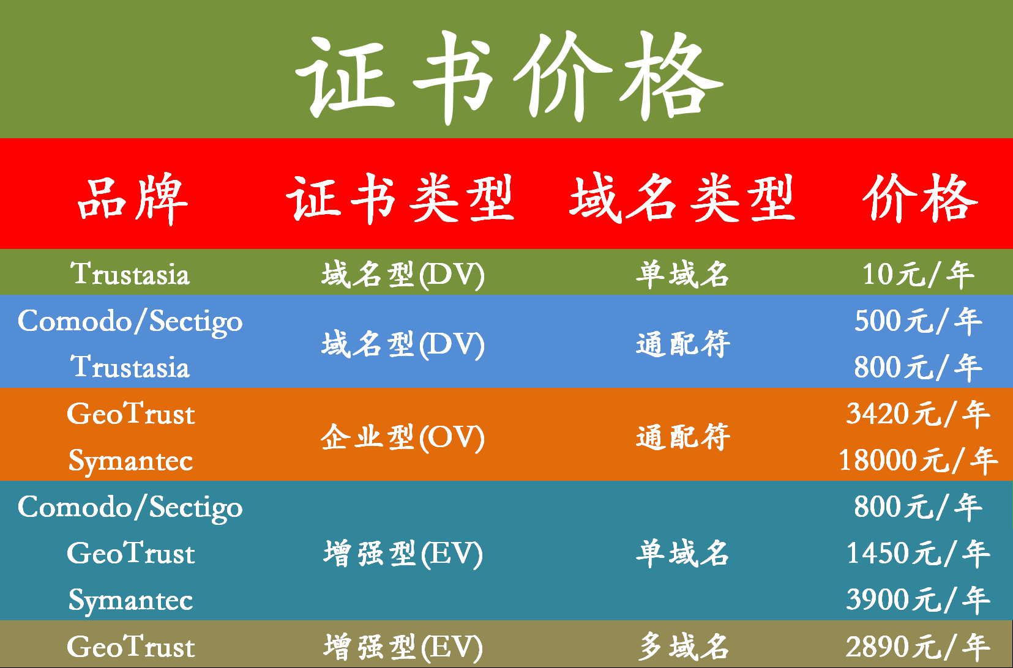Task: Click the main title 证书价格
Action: click(x=509, y=77)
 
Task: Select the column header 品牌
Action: click(x=132, y=199)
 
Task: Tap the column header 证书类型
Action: click(x=400, y=199)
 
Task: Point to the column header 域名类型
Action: click(x=682, y=198)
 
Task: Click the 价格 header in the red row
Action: click(x=920, y=198)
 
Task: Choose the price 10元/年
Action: click(x=918, y=274)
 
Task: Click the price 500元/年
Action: click(x=918, y=321)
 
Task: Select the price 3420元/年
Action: click(x=918, y=414)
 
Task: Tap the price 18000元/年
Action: click(x=918, y=461)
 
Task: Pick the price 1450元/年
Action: click(x=918, y=554)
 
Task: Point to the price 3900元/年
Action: click(x=918, y=600)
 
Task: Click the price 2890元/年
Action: click(x=918, y=647)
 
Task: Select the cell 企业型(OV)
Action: click(x=403, y=437)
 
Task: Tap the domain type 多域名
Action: click(x=683, y=647)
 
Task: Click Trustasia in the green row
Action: click(x=130, y=274)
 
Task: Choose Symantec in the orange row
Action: click(x=131, y=462)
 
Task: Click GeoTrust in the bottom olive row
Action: click(x=131, y=647)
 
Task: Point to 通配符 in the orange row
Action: click(x=683, y=437)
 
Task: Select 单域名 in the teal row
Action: click(x=683, y=554)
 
